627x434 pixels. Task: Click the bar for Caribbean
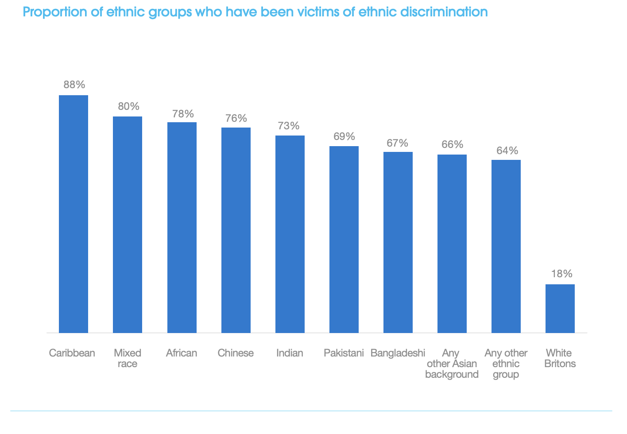pyautogui.click(x=74, y=214)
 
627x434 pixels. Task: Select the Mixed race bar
pyautogui.click(x=128, y=225)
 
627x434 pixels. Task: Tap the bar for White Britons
pyautogui.click(x=560, y=308)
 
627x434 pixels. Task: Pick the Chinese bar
pyautogui.click(x=236, y=230)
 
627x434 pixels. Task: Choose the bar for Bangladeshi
pyautogui.click(x=398, y=242)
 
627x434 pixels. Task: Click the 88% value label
pyautogui.click(x=74, y=85)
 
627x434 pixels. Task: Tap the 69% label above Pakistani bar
pyautogui.click(x=344, y=136)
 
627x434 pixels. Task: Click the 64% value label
pyautogui.click(x=507, y=151)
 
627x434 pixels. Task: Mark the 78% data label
pyautogui.click(x=183, y=114)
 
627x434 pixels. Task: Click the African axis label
pyautogui.click(x=182, y=353)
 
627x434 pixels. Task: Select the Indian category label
pyautogui.click(x=290, y=353)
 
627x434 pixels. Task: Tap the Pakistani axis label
pyautogui.click(x=344, y=353)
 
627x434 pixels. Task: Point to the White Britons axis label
pyautogui.click(x=560, y=358)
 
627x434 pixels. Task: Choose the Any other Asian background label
pyautogui.click(x=452, y=364)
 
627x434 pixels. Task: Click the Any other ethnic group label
pyautogui.click(x=506, y=364)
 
